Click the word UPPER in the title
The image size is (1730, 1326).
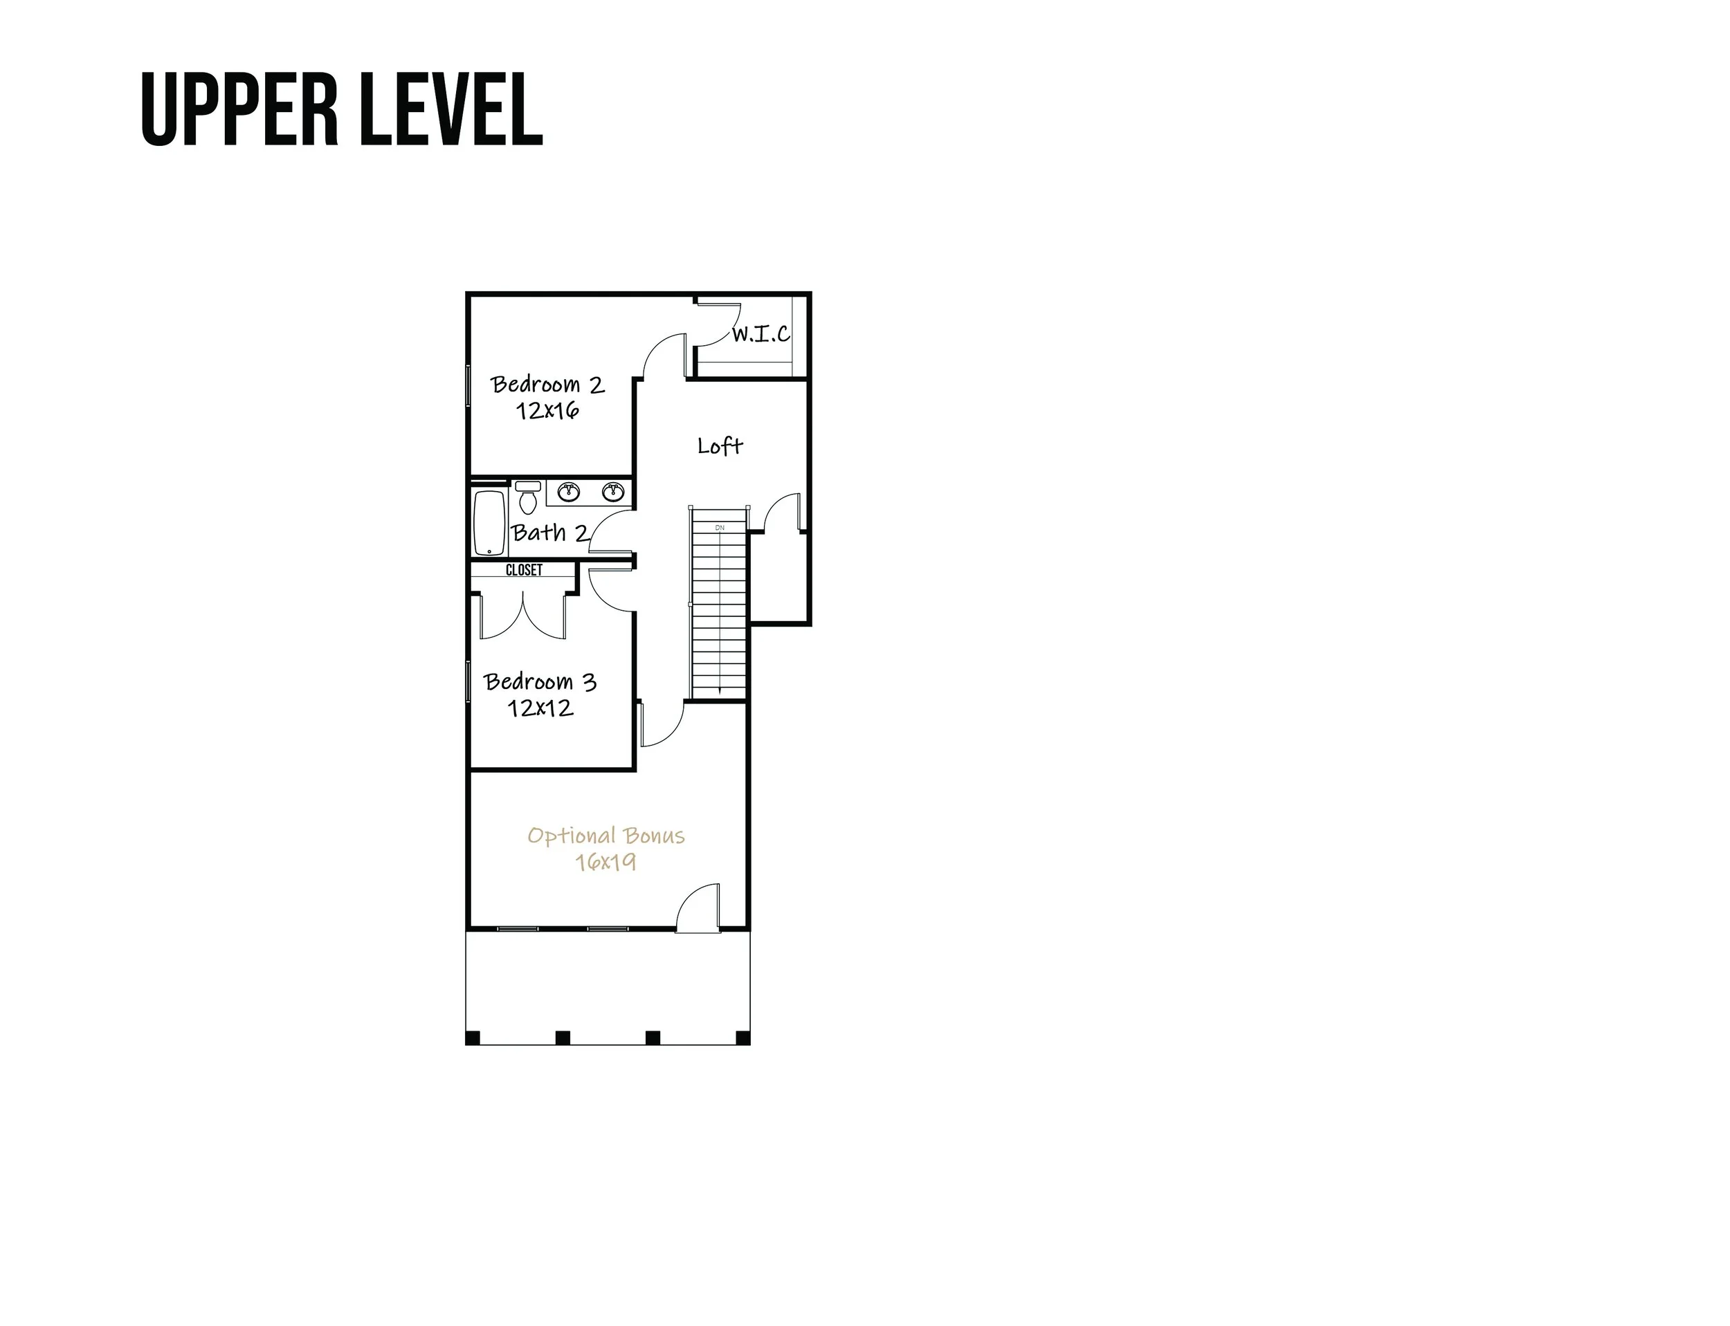coord(239,110)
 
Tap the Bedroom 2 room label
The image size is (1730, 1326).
coord(547,385)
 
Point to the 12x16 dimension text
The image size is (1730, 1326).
coord(547,410)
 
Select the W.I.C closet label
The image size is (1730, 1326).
coord(761,335)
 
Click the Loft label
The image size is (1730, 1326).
coord(719,446)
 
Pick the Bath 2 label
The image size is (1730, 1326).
coord(549,533)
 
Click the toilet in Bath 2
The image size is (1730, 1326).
coord(528,497)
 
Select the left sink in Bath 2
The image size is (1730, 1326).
coord(569,492)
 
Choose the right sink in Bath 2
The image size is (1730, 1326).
coord(612,492)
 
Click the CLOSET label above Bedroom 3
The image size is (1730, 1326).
coord(525,570)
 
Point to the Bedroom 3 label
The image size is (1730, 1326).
coord(540,682)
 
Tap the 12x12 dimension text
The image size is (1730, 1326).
coord(540,708)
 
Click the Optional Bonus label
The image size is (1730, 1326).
coord(605,836)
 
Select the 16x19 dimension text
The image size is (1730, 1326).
coord(605,862)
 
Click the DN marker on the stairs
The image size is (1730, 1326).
coord(719,527)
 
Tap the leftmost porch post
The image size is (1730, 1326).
coord(473,1038)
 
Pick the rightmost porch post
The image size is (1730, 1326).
coord(743,1038)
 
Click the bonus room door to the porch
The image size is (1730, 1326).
coord(699,908)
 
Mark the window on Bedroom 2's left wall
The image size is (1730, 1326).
coord(468,386)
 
